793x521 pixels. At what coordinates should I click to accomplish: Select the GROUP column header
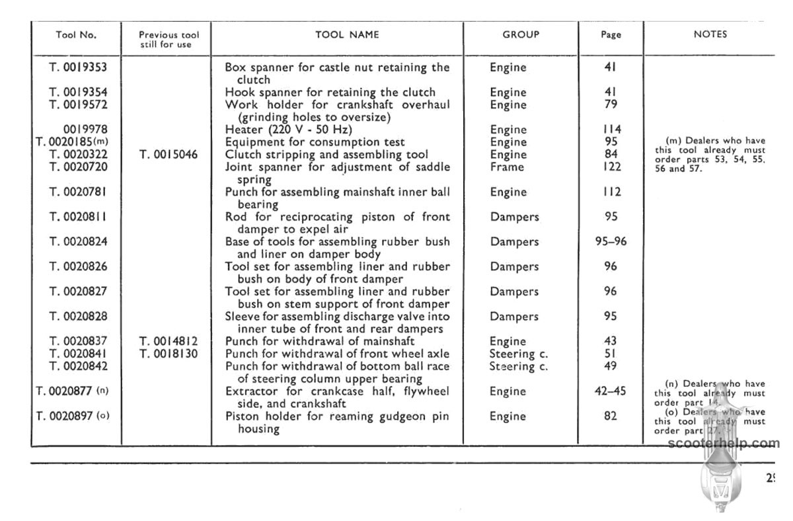pyautogui.click(x=521, y=34)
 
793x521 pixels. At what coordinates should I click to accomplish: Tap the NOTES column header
pyautogui.click(x=710, y=34)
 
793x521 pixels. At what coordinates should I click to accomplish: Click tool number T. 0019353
pyautogui.click(x=78, y=67)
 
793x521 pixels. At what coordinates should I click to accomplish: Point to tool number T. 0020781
pyautogui.click(x=78, y=192)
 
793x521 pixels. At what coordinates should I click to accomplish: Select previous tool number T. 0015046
pyautogui.click(x=169, y=155)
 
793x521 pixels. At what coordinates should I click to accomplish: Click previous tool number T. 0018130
pyautogui.click(x=169, y=354)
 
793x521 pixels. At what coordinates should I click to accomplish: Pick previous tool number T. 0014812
pyautogui.click(x=169, y=341)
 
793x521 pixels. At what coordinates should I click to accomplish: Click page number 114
pyautogui.click(x=611, y=130)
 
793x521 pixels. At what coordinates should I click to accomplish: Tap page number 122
pyautogui.click(x=611, y=167)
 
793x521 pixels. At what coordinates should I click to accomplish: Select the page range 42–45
pyautogui.click(x=611, y=391)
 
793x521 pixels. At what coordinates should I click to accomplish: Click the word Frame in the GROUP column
pyautogui.click(x=507, y=167)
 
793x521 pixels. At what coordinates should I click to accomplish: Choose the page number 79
pyautogui.click(x=611, y=105)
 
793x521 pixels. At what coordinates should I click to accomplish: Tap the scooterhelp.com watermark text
pyautogui.click(x=724, y=444)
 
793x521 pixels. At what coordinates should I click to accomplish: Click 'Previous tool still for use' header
pyautogui.click(x=169, y=40)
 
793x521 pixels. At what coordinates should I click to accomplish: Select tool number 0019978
pyautogui.click(x=85, y=130)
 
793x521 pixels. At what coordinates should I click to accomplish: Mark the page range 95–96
pyautogui.click(x=611, y=242)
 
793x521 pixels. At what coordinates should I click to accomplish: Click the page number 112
pyautogui.click(x=611, y=192)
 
